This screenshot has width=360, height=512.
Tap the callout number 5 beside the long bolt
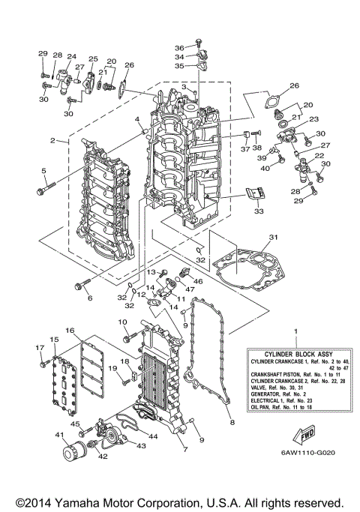click(x=43, y=171)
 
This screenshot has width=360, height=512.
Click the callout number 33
click(x=258, y=212)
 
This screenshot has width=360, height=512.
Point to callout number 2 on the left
click(x=53, y=140)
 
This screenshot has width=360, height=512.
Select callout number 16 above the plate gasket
click(x=69, y=330)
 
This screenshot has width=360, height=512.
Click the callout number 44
click(x=152, y=436)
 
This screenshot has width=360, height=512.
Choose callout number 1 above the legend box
click(x=295, y=331)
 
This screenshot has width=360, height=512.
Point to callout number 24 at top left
click(x=72, y=57)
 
